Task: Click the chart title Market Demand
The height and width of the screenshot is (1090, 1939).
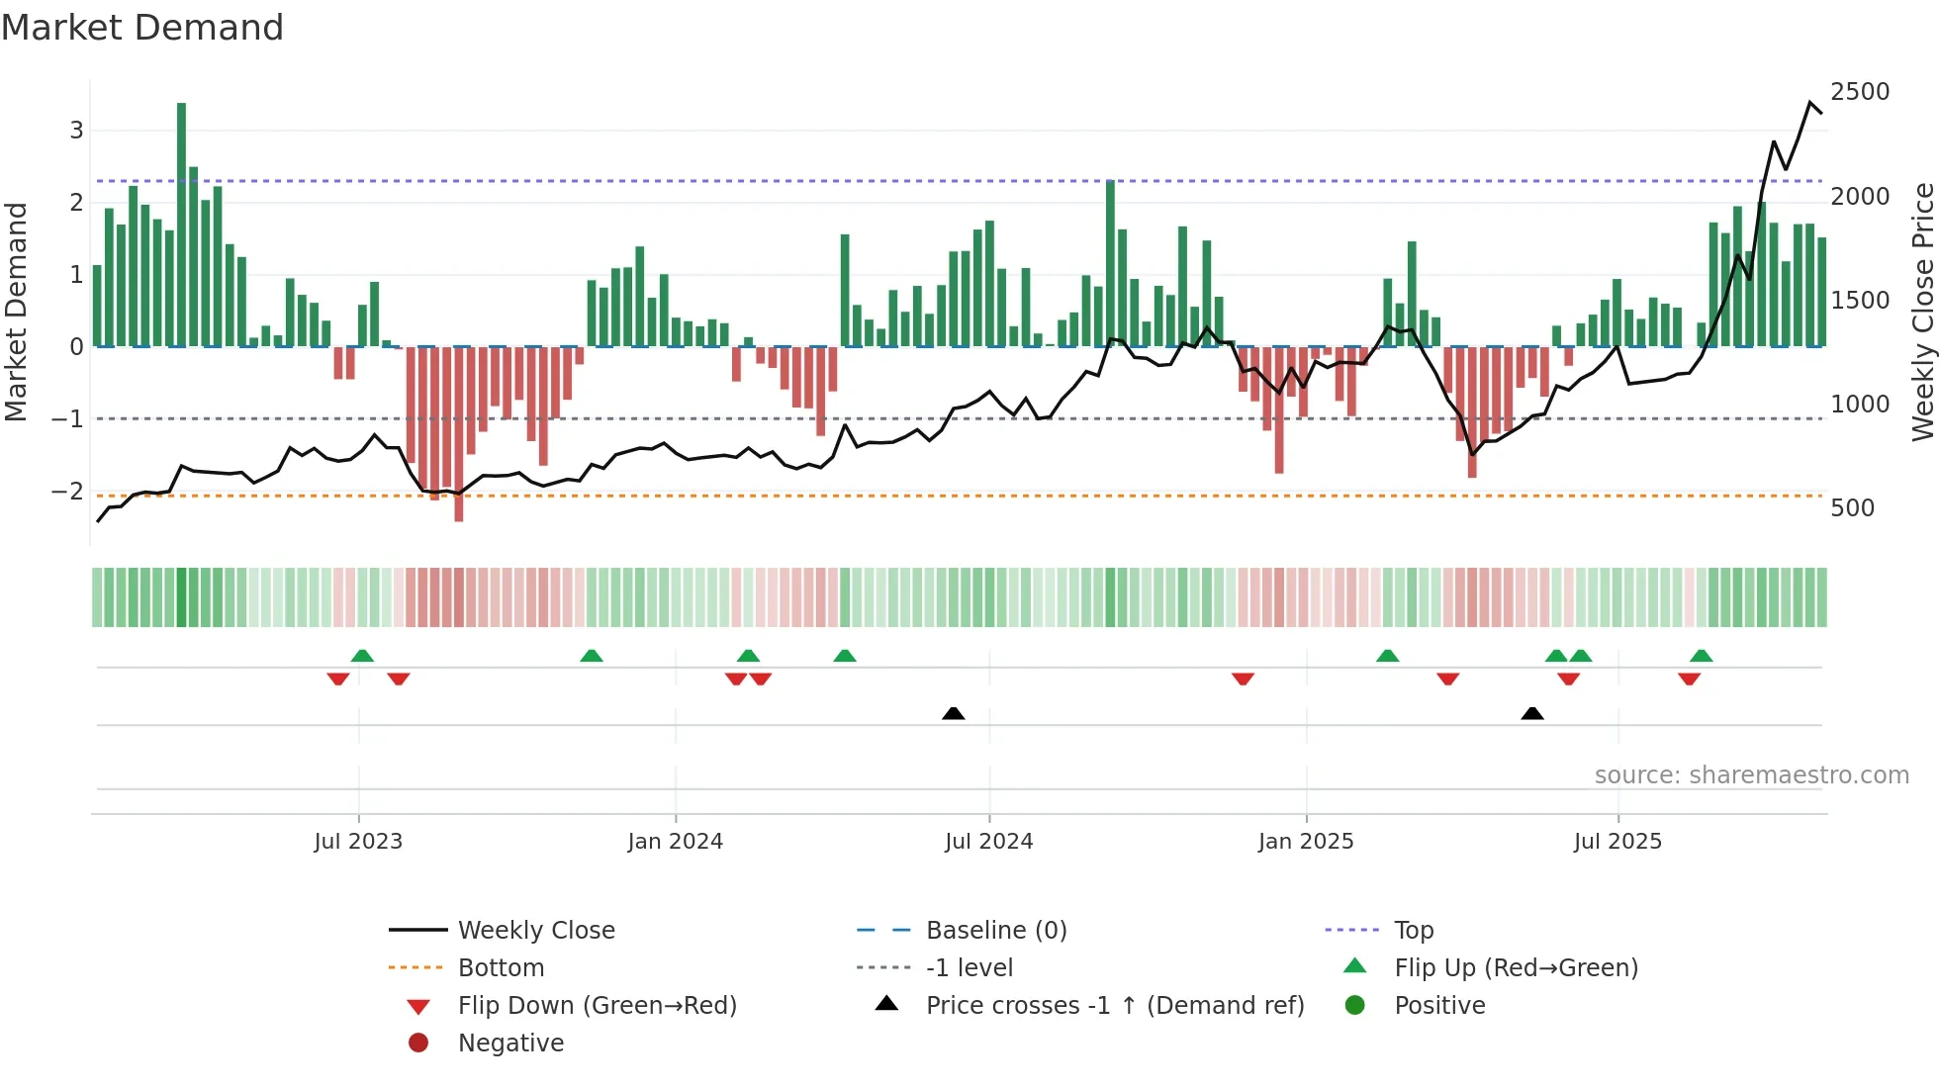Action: tap(142, 28)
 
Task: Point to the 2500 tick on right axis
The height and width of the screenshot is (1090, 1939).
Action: tap(1860, 92)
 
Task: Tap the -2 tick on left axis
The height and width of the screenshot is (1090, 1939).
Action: tap(67, 492)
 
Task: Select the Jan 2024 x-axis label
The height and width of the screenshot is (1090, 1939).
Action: tap(675, 842)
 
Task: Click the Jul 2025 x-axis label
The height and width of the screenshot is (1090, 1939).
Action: tap(1617, 842)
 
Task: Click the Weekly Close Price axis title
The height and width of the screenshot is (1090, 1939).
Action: tap(1922, 312)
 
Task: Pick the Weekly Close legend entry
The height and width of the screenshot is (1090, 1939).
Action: tap(535, 931)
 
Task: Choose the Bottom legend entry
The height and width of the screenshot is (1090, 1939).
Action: tap(501, 968)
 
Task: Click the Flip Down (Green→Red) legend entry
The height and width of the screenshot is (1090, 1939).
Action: tap(597, 1006)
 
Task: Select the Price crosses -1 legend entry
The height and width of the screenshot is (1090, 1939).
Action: tap(1114, 1006)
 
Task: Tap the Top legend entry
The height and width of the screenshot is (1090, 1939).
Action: tap(1414, 931)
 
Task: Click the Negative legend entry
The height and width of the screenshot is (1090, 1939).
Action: tap(510, 1044)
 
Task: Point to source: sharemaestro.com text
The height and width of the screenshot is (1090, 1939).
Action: tap(1751, 775)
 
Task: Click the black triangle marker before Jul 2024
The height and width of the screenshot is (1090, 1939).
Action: tap(953, 713)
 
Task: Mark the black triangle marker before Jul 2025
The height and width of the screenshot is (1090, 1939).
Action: tap(1531, 713)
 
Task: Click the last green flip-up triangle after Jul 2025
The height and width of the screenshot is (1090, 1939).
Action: tap(1701, 656)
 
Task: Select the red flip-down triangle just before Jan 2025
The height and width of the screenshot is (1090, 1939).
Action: tap(1243, 679)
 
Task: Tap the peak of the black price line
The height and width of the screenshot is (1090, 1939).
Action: tap(1810, 103)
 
